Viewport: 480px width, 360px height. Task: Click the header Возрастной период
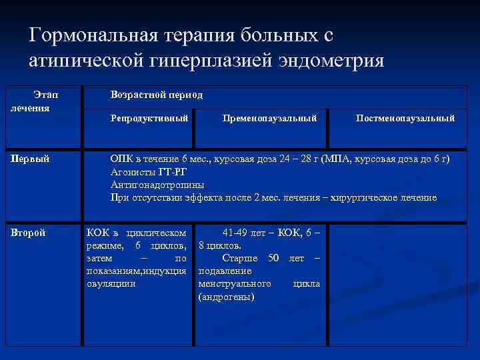(157, 95)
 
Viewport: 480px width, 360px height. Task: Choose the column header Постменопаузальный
(405, 118)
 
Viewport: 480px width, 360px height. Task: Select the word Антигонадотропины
(157, 185)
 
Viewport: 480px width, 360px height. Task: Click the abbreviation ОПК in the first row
(122, 159)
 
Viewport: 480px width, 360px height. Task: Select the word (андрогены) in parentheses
(227, 296)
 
